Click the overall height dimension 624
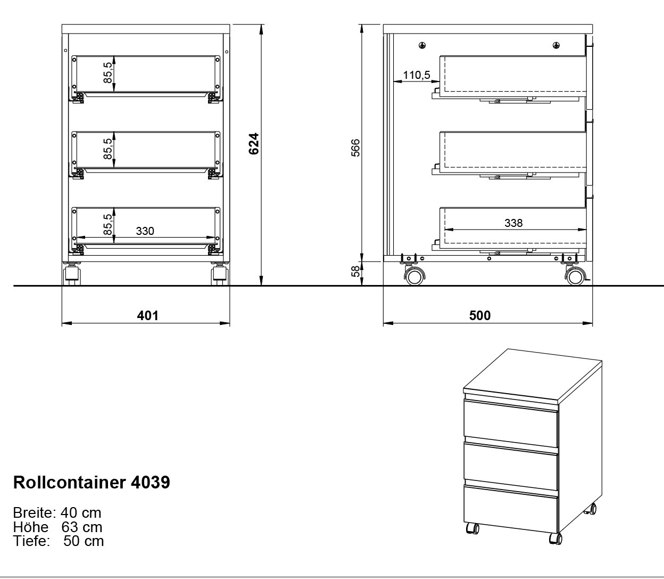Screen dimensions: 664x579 pyautogui.click(x=254, y=143)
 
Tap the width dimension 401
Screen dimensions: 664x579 pyautogui.click(x=148, y=315)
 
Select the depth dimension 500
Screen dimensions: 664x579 pyautogui.click(x=480, y=315)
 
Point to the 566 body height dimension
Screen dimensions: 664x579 pyautogui.click(x=356, y=148)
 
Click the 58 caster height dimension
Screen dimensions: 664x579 pyautogui.click(x=356, y=271)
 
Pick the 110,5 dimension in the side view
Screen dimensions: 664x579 pyautogui.click(x=417, y=75)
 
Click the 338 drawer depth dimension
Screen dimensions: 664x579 pyautogui.click(x=513, y=223)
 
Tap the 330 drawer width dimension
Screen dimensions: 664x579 pyautogui.click(x=145, y=231)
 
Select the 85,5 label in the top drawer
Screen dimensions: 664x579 pyautogui.click(x=108, y=72)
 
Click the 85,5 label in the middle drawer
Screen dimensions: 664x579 pyautogui.click(x=108, y=149)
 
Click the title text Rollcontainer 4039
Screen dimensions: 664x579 pyautogui.click(x=92, y=482)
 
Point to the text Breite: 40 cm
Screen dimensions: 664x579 pyautogui.click(x=57, y=513)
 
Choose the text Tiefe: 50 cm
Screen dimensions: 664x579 pyautogui.click(x=59, y=541)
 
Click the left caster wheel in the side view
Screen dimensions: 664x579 pyautogui.click(x=414, y=277)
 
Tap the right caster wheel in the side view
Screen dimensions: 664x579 pyautogui.click(x=575, y=277)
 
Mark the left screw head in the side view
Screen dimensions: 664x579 pyautogui.click(x=422, y=45)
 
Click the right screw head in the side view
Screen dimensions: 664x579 pyautogui.click(x=556, y=45)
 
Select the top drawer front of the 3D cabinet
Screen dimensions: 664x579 pyautogui.click(x=511, y=423)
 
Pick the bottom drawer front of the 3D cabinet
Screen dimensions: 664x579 pyautogui.click(x=511, y=508)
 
